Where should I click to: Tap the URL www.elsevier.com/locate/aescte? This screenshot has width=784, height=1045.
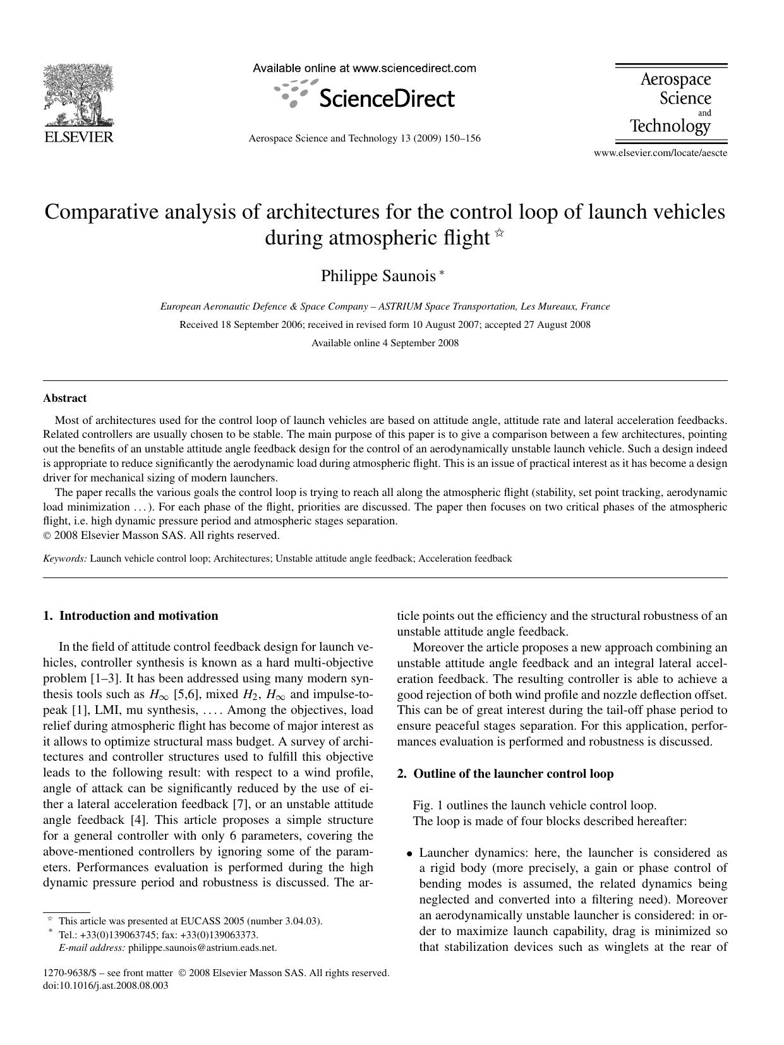pos(660,153)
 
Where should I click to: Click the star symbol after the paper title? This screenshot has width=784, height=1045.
pos(500,233)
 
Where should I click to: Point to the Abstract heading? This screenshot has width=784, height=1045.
pos(64,398)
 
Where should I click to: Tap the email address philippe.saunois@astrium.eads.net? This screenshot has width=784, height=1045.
pos(202,948)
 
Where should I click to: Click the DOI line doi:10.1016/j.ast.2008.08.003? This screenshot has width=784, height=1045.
pos(106,986)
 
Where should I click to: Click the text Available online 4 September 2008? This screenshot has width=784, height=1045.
pos(385,343)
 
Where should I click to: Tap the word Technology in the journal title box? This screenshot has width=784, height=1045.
pos(670,126)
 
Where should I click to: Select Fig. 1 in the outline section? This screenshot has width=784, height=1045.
pos(428,806)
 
